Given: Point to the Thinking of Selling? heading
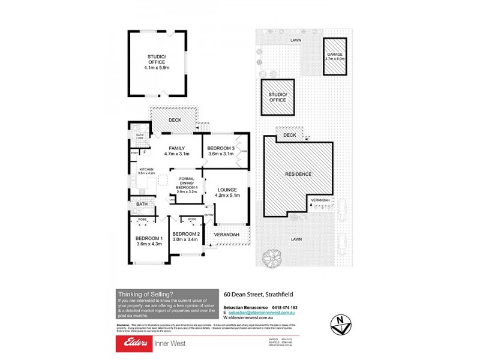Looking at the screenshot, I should tap(146, 294).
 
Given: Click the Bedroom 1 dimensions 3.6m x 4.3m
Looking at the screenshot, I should tap(149, 244).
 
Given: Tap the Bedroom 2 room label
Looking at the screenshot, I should tap(185, 234).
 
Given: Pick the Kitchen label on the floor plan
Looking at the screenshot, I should tap(147, 170).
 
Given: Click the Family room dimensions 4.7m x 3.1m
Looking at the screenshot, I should tap(176, 154).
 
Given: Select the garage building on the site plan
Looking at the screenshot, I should tap(335, 56).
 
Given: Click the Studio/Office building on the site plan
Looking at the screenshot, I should tap(277, 97).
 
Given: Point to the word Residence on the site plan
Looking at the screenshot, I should tap(298, 174).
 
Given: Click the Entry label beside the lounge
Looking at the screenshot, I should tap(209, 215).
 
